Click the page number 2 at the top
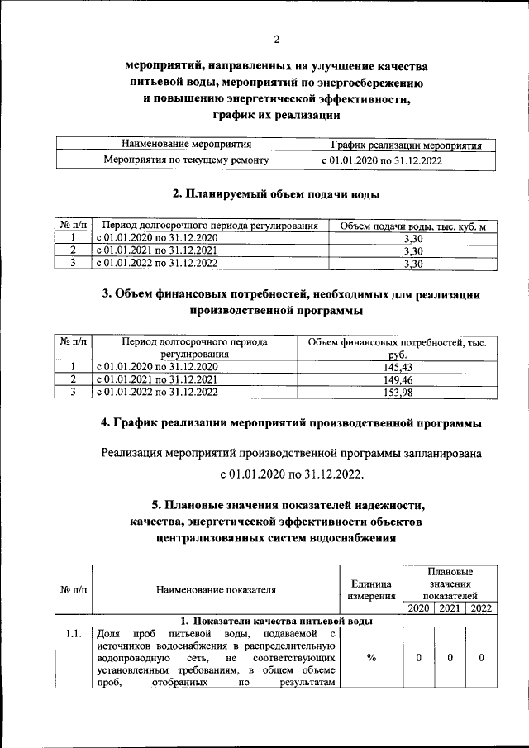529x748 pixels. pos(277,38)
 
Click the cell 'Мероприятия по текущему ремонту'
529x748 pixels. pos(184,160)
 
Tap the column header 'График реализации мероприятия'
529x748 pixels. pos(400,145)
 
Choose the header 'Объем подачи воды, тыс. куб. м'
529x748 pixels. pos(412,226)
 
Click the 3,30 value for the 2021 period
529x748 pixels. pos(412,250)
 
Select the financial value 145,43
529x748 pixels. pos(396,366)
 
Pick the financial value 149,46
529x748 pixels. pos(396,379)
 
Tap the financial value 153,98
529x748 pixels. pos(396,393)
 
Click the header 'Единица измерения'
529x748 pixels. pos(371,589)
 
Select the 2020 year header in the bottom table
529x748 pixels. pos(418,608)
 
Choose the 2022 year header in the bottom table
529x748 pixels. pos(480,608)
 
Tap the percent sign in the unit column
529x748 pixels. pos(371,658)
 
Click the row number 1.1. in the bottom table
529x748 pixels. pos(73,633)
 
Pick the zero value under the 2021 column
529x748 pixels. pos(450,658)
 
